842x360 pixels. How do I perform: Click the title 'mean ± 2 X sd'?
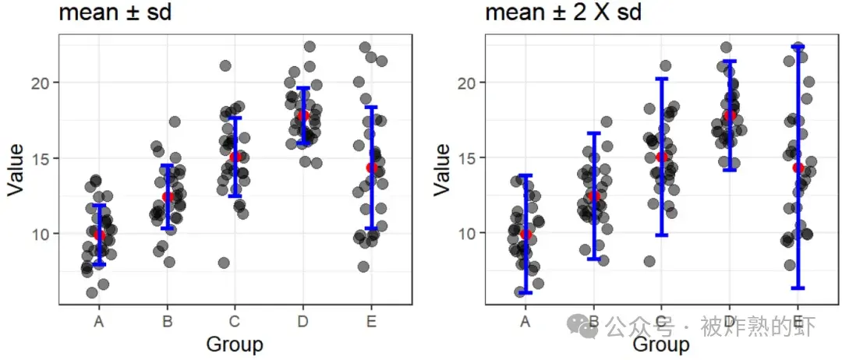563,13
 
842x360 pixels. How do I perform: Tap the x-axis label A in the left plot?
99,320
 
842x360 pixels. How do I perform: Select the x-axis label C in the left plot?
235,320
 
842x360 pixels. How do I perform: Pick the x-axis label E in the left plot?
372,320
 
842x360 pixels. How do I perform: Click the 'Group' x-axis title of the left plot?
234,344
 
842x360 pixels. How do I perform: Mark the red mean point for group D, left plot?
303,115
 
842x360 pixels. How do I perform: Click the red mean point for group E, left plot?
372,168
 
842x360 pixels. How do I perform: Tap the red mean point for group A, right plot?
525,234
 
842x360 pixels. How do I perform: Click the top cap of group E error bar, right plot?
798,46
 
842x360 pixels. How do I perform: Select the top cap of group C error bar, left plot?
235,118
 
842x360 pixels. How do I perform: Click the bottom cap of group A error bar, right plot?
525,293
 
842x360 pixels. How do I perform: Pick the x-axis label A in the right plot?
525,320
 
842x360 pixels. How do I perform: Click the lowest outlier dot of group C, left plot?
224,263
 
